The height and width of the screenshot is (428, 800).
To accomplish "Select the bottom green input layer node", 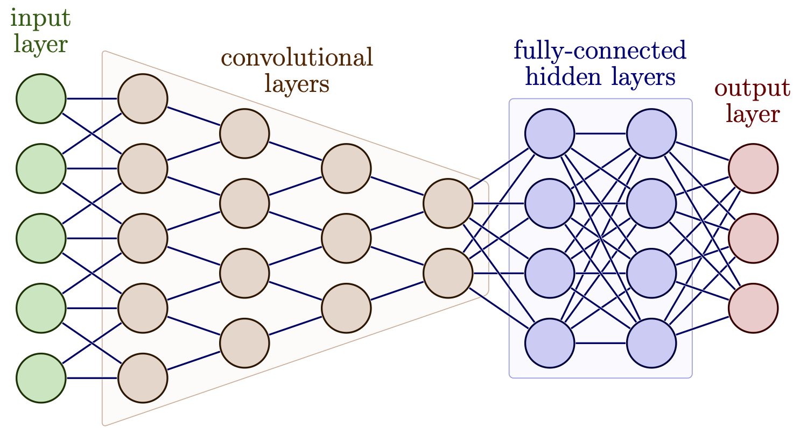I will click(41, 378).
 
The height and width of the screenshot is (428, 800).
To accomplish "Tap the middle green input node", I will click(41, 238).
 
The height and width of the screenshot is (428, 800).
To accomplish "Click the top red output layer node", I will click(753, 168).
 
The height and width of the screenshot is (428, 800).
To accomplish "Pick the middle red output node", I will click(753, 238).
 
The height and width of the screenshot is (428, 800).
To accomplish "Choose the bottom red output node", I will click(753, 308).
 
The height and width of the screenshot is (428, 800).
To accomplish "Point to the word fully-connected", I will click(600, 52).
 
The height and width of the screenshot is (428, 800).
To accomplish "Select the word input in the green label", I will click(41, 19).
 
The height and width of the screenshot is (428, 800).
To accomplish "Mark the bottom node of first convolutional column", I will click(143, 378).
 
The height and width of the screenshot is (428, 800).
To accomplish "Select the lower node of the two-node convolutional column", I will click(448, 273).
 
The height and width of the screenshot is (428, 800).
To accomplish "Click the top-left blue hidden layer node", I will click(550, 134).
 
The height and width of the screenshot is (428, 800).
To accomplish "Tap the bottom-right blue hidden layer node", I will click(651, 343).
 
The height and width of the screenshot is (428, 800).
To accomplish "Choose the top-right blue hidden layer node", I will click(651, 134).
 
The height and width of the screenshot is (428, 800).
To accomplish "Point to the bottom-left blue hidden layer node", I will click(550, 343).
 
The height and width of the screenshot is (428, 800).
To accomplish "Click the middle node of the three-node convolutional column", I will click(346, 238).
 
